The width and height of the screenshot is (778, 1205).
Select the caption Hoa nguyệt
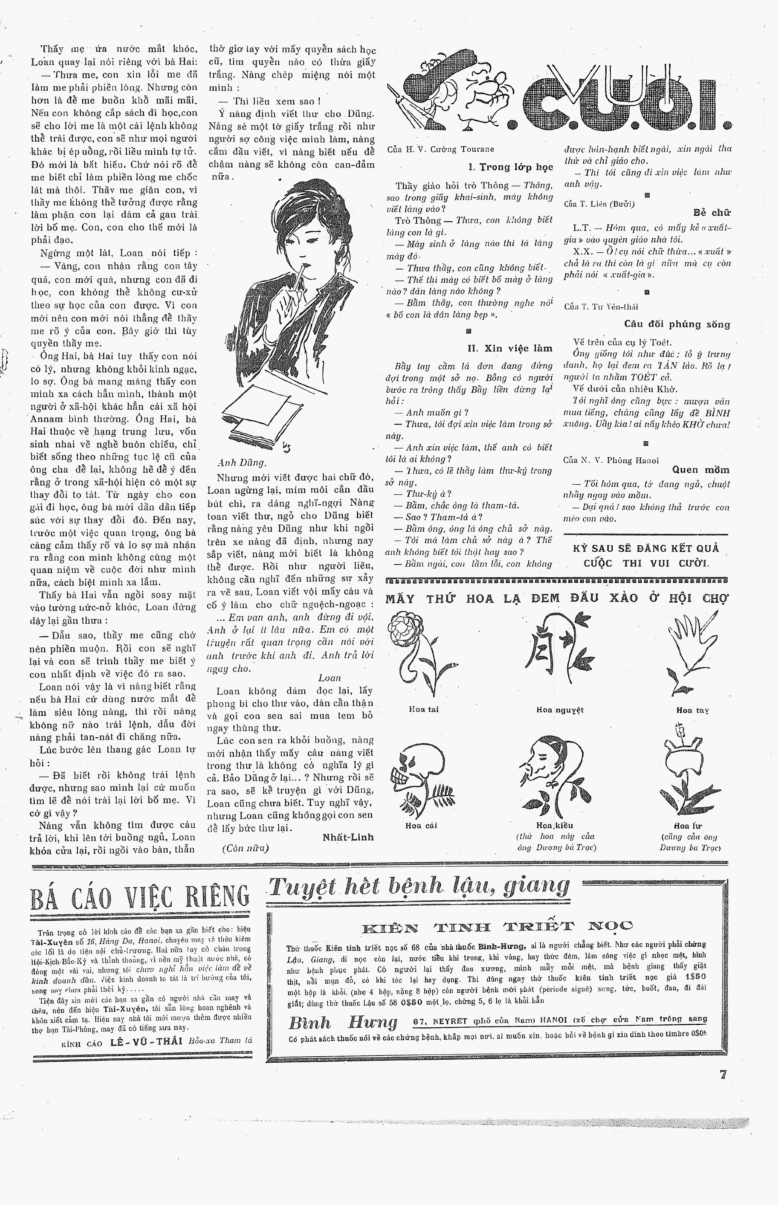tap(560, 709)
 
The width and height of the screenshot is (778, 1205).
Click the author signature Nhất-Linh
tap(348, 837)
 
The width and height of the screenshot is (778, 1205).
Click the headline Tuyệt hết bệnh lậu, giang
tap(419, 886)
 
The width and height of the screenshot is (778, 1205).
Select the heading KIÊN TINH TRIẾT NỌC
tap(497, 926)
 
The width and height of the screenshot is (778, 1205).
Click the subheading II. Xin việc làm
tap(510, 348)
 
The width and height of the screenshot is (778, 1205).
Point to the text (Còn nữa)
tap(245, 848)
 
